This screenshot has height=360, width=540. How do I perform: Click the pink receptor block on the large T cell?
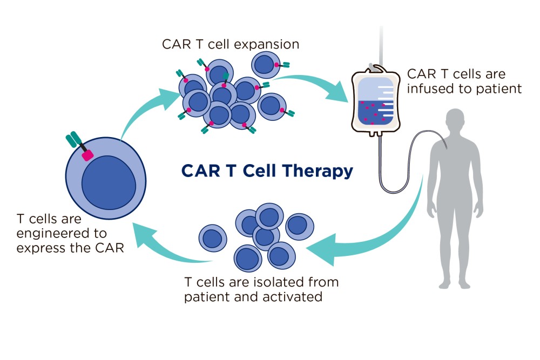tap(86, 155)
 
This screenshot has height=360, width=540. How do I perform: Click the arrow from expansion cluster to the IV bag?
tap(313, 84)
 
